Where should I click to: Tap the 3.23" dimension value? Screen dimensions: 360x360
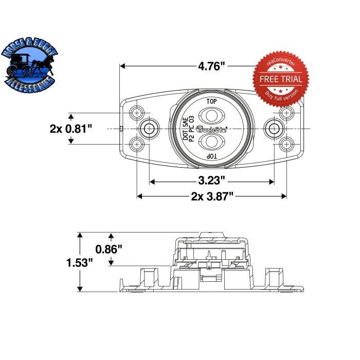(211, 181)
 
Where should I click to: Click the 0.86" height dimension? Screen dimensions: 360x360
(109, 249)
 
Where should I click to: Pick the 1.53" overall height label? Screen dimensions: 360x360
(80, 263)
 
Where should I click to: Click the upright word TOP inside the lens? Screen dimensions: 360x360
(211, 101)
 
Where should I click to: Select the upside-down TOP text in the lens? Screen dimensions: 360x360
(211, 155)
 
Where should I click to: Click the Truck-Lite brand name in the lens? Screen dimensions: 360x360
(211, 129)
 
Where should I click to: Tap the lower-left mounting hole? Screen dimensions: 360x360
(137, 144)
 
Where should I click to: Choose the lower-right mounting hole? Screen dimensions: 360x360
(286, 144)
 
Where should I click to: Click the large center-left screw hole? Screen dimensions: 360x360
(149, 128)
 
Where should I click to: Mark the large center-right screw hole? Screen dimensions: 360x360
(274, 128)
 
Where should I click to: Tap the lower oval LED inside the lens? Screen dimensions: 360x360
(211, 142)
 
